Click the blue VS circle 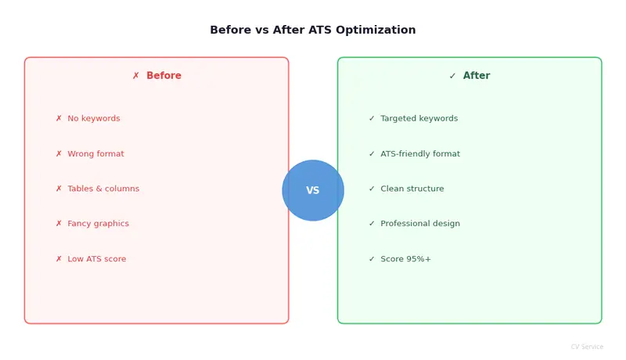pyautogui.click(x=313, y=190)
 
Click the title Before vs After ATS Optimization pyautogui.click(x=313, y=31)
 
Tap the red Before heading pyautogui.click(x=164, y=76)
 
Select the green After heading pyautogui.click(x=477, y=76)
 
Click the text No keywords pyautogui.click(x=94, y=119)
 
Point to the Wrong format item pyautogui.click(x=95, y=154)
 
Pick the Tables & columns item pyautogui.click(x=103, y=189)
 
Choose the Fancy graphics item pyautogui.click(x=98, y=224)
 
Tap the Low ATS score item pyautogui.click(x=96, y=259)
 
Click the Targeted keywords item pyautogui.click(x=419, y=119)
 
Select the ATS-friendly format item pyautogui.click(x=420, y=154)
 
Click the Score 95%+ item pyautogui.click(x=405, y=259)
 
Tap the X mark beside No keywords pyautogui.click(x=59, y=119)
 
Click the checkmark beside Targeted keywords pyautogui.click(x=372, y=119)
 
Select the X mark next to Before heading pyautogui.click(x=136, y=76)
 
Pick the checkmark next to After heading pyautogui.click(x=452, y=76)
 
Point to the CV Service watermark pyautogui.click(x=587, y=347)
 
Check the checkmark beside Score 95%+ pyautogui.click(x=372, y=259)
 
